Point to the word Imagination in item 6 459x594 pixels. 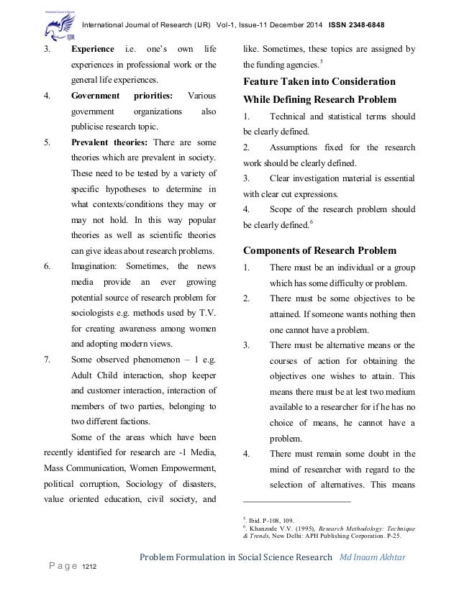(96, 265)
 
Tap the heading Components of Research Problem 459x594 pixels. (319, 250)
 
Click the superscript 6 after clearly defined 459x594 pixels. (309, 222)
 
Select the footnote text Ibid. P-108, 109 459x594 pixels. (270, 520)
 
